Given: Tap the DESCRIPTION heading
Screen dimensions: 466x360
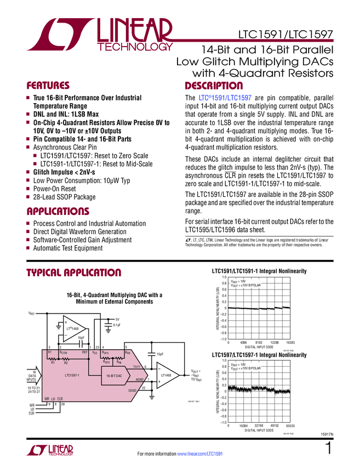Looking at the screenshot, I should click(214, 86).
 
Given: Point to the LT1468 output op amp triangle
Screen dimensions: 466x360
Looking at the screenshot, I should click(165, 375).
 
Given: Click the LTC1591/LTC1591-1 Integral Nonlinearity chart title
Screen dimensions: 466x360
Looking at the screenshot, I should click(259, 271).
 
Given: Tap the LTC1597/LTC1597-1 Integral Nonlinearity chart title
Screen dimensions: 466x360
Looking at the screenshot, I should click(259, 355).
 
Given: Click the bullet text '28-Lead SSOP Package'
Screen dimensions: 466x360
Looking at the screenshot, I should click(64, 197).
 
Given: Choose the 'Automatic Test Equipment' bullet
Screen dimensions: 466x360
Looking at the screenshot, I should click(68, 248).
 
